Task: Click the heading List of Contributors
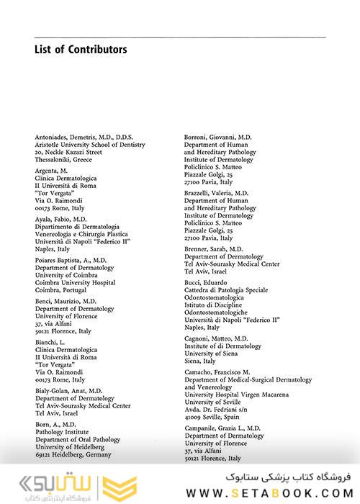tap(81, 50)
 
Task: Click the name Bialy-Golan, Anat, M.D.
tap(69, 390)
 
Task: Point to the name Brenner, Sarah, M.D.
tap(214, 248)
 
